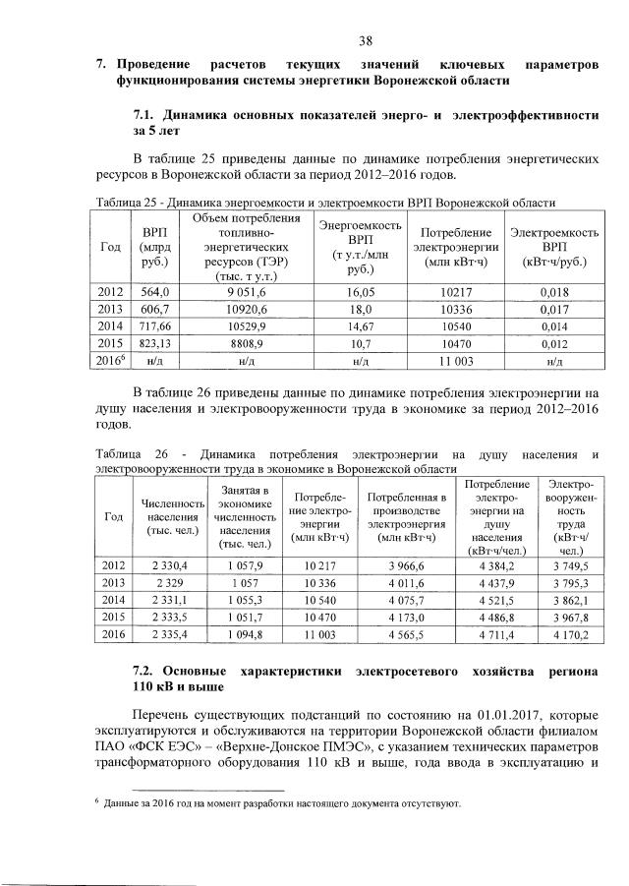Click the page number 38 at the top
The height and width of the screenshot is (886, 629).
click(365, 40)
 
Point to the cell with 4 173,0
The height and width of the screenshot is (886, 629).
click(406, 619)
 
